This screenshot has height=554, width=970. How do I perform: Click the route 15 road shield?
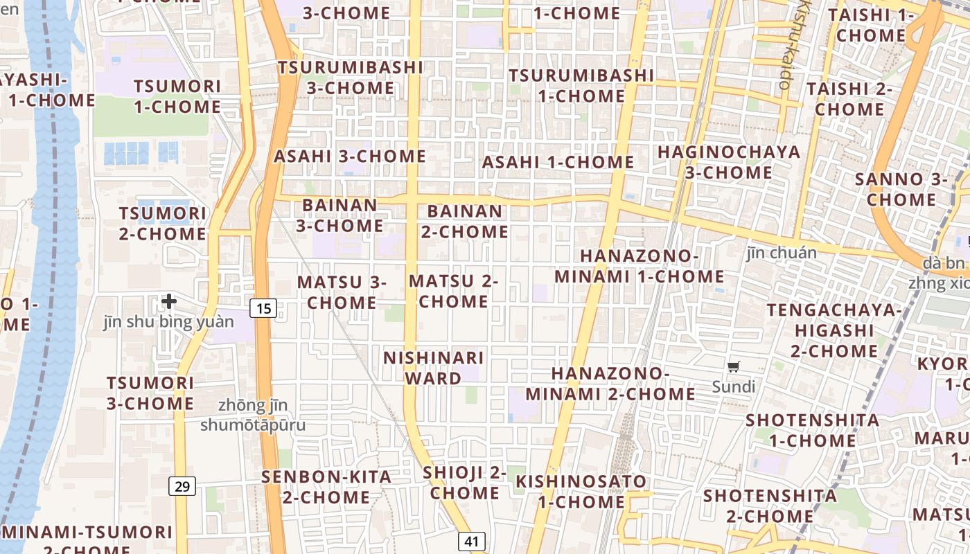point(263,307)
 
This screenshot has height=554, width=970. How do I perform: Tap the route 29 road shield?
point(182,486)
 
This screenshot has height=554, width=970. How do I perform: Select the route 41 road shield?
point(471,542)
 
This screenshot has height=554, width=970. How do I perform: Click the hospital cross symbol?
point(168,301)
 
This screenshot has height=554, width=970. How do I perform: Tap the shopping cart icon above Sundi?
point(734,366)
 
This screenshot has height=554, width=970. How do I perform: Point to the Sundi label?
point(733,386)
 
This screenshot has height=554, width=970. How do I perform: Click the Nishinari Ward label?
point(434,368)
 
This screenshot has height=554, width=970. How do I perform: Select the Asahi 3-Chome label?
point(350,157)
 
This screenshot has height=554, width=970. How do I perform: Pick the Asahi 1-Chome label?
point(558,163)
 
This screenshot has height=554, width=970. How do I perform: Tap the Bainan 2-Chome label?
point(465,222)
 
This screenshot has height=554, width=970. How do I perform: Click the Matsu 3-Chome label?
point(342,292)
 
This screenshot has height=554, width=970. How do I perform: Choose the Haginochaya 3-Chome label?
point(728,162)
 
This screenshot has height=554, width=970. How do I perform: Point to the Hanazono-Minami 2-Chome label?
point(610,384)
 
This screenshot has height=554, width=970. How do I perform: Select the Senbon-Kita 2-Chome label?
point(326,487)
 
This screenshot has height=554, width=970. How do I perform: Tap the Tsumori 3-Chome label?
point(150,393)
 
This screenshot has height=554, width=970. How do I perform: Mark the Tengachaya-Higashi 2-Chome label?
point(834,330)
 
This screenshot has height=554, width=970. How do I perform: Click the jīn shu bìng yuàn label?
point(168,322)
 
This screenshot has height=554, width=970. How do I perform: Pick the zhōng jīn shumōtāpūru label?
point(253,415)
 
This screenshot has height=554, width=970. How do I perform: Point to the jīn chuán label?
point(782,253)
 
